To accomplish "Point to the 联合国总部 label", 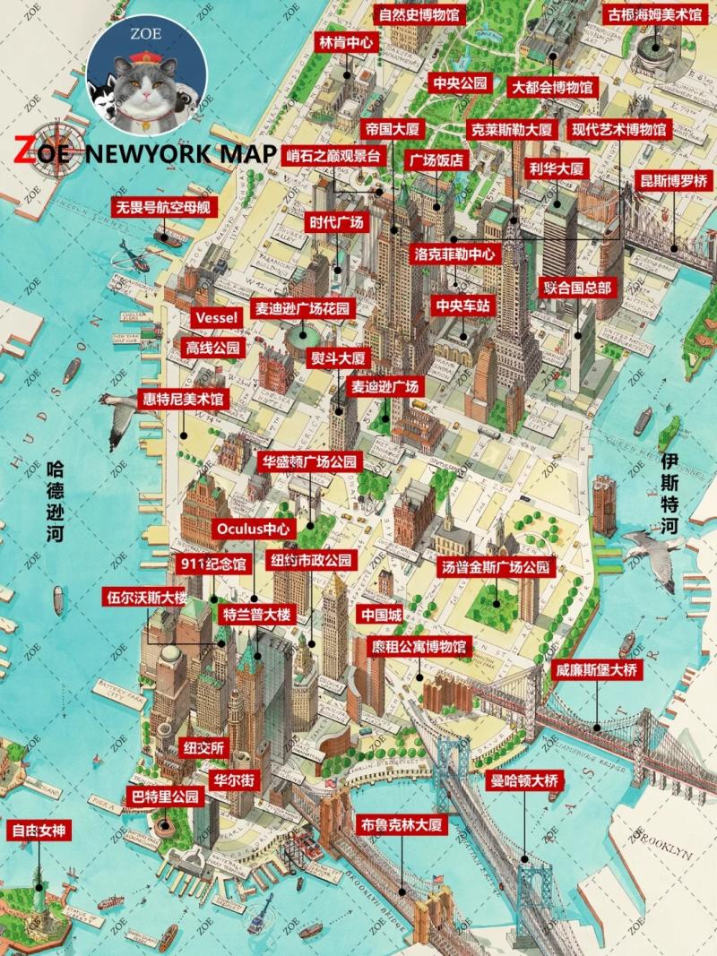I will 578,288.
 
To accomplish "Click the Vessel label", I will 216,319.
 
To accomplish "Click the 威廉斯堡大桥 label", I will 597,669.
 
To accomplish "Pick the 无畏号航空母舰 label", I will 164,208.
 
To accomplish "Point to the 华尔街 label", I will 234,780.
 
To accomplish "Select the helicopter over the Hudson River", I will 130,258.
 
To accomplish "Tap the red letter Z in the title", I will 25,152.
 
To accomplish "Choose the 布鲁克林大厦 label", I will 402,825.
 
